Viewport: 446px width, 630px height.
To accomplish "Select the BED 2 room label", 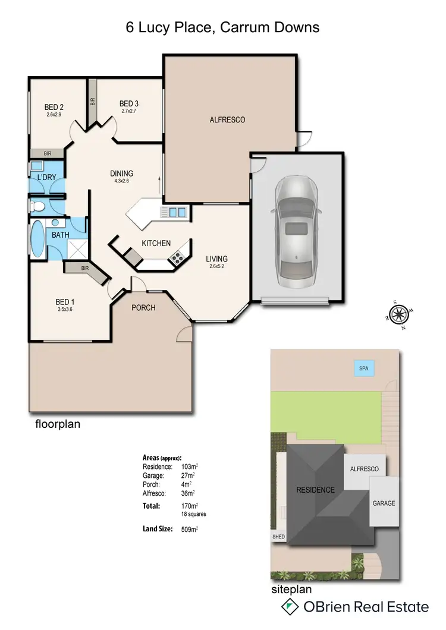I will point(54,107).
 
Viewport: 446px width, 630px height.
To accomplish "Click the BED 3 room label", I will point(128,103).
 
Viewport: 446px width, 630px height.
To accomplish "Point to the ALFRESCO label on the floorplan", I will point(227,119).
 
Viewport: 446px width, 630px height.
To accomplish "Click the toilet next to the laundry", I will point(37,206).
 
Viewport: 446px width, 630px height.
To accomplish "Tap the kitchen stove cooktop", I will point(177,257).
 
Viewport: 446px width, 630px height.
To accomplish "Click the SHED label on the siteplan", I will point(278,537).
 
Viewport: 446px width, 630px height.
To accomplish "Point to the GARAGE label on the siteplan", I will point(384,503).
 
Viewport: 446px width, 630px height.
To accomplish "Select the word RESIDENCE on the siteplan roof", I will point(315,490).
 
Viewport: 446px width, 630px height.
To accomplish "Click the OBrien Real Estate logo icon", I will point(290,606).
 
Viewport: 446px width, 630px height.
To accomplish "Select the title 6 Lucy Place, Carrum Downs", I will point(222,27).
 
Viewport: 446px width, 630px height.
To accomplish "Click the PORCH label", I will point(143,307).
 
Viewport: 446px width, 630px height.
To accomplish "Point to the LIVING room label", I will point(216,259).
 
